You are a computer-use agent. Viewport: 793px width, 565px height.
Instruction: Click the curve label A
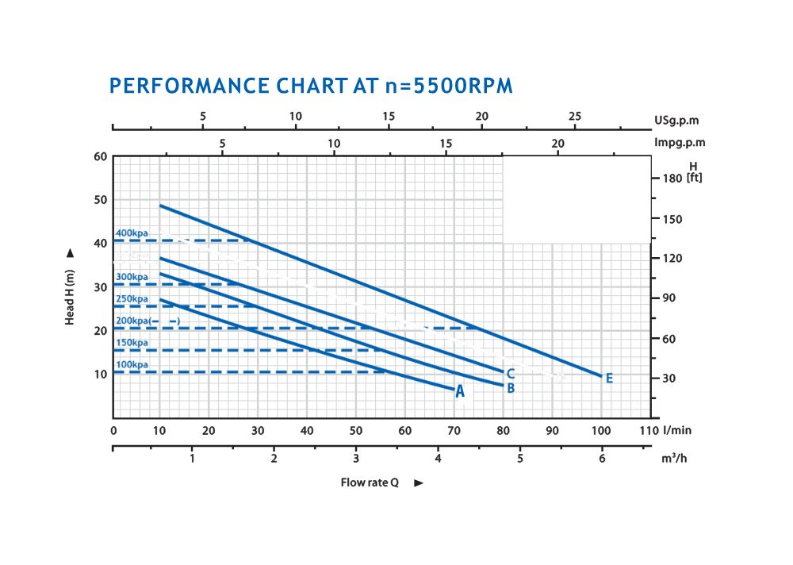point(460,391)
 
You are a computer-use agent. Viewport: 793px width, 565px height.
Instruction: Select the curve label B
point(511,388)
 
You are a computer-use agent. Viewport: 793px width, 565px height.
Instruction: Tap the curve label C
point(511,374)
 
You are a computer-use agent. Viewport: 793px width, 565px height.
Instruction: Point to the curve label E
point(609,379)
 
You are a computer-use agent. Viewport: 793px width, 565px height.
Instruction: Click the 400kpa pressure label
point(132,233)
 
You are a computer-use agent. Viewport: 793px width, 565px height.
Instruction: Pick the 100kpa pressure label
point(132,365)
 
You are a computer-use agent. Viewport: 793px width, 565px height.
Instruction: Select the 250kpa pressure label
point(132,299)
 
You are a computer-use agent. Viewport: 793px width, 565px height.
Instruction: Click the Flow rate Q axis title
point(369,482)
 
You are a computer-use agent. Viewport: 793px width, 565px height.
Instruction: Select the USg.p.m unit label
point(676,121)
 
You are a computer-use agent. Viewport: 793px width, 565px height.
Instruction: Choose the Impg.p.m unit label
point(680,143)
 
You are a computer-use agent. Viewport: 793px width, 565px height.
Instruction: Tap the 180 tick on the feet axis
point(672,178)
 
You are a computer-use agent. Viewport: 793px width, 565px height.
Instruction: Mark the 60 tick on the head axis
point(100,156)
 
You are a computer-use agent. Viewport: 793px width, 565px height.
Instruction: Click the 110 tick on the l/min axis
point(649,430)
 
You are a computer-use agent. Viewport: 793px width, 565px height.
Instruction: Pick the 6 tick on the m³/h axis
point(602,459)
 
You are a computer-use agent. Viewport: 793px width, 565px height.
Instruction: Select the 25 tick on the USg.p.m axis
point(575,116)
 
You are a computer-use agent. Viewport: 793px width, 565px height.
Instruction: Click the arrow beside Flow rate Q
point(419,482)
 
